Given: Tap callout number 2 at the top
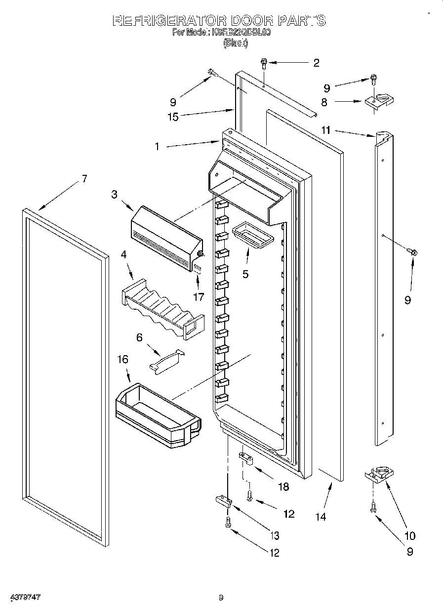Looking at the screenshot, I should tap(316, 63).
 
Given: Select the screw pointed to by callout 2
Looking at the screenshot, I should tap(264, 63).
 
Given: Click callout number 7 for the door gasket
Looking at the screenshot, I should tap(84, 179).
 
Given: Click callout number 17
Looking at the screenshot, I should tap(199, 297).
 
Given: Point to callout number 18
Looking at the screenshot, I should tap(283, 487).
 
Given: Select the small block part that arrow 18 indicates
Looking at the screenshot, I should tap(245, 459).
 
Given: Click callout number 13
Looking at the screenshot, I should tap(275, 535).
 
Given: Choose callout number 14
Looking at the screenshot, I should tap(321, 517).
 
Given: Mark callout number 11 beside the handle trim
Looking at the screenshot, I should tap(325, 130).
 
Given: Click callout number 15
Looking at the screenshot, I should tap(173, 117).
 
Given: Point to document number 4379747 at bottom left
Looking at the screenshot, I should tap(24, 598).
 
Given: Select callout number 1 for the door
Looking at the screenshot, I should tap(157, 147).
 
